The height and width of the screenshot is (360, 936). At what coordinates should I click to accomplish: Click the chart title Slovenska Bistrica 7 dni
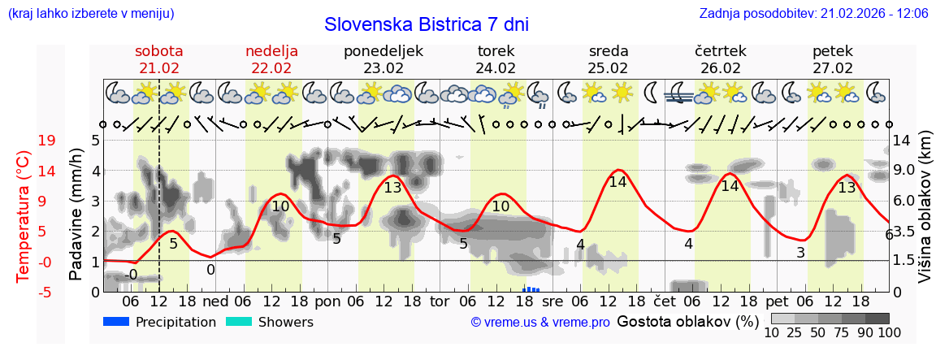pos(426,24)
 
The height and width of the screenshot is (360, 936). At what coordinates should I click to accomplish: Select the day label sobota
pos(159,51)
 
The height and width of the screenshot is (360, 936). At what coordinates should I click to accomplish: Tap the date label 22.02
pos(271,68)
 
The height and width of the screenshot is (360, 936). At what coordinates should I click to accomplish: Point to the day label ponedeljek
pos(383,51)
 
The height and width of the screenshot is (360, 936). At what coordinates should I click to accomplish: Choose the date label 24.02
pos(496,68)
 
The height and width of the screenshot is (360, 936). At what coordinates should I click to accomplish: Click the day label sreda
pos(608,51)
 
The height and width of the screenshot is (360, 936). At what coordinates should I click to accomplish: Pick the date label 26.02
pos(721,68)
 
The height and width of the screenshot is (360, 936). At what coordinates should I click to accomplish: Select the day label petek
pos(833,51)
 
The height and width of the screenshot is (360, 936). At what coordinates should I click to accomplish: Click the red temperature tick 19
pos(47,141)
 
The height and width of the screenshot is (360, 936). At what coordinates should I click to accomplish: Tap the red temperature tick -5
pos(47,292)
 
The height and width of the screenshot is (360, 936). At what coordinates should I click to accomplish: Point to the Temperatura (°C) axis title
pos(24,215)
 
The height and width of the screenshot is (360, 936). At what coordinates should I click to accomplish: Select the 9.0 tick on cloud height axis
pos(904,171)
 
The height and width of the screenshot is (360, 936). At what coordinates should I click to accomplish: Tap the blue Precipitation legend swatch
pos(117,322)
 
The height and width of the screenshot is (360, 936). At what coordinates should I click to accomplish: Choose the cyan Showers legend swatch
pos(240,322)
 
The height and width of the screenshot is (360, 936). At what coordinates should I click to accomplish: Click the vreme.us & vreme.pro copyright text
pos(540,323)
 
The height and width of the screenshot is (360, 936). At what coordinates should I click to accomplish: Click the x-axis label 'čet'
pos(664,301)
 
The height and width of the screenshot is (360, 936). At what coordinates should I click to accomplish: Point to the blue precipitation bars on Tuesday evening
pos(532,288)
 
